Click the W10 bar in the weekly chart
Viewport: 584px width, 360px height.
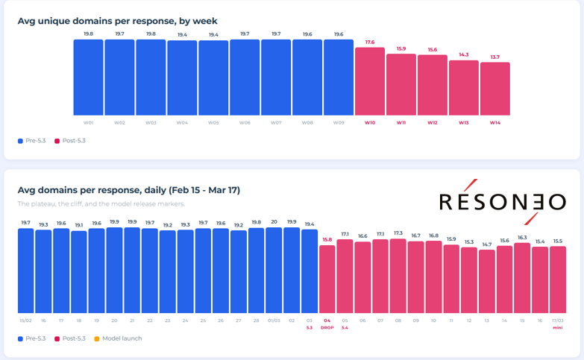(370, 81)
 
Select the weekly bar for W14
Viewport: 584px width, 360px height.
(495, 89)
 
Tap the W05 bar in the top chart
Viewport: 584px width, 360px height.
(213, 78)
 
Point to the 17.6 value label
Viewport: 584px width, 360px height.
(370, 42)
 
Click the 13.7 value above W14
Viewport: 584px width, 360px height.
(495, 57)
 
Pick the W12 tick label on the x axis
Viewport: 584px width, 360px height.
(433, 122)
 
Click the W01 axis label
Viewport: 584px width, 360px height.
(88, 122)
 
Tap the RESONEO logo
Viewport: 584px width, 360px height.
(502, 201)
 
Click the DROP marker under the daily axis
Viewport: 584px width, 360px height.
(327, 327)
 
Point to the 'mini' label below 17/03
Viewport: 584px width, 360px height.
(558, 327)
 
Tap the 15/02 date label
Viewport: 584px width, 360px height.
(25, 320)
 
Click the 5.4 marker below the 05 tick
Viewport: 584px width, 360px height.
(345, 327)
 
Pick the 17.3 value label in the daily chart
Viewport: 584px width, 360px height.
(398, 233)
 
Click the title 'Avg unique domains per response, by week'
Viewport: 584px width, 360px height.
(117, 21)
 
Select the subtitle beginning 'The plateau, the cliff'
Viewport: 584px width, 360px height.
(101, 203)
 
